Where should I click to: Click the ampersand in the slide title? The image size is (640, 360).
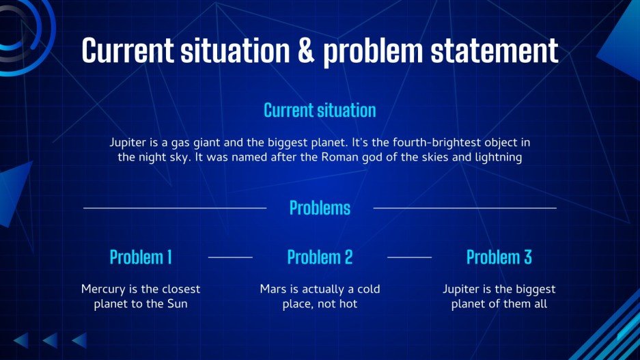pyautogui.click(x=306, y=50)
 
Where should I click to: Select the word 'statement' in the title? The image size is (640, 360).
pyautogui.click(x=495, y=50)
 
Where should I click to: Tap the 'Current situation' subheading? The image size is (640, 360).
pyautogui.click(x=320, y=110)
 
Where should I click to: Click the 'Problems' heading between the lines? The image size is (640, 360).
pyautogui.click(x=320, y=208)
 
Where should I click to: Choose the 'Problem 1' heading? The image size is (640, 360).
pyautogui.click(x=141, y=257)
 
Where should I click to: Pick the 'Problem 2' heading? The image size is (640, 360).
pyautogui.click(x=320, y=257)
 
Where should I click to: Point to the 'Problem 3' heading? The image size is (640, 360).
pyautogui.click(x=499, y=257)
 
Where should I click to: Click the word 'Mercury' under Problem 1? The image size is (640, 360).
pyautogui.click(x=103, y=290)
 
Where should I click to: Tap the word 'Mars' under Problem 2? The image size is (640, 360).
pyautogui.click(x=273, y=289)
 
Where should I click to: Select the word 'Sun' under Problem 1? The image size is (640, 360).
pyautogui.click(x=177, y=304)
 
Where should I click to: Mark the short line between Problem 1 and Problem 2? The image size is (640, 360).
pyautogui.click(x=230, y=258)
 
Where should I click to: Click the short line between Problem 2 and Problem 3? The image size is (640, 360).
pyautogui.click(x=409, y=258)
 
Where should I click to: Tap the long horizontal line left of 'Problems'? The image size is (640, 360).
pyautogui.click(x=175, y=208)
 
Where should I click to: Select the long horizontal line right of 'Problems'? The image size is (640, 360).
pyautogui.click(x=465, y=208)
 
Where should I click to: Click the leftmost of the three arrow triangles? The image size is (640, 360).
pyautogui.click(x=23, y=340)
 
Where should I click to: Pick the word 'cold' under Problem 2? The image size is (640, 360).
pyautogui.click(x=369, y=289)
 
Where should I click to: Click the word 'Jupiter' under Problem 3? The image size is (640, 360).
pyautogui.click(x=461, y=290)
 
